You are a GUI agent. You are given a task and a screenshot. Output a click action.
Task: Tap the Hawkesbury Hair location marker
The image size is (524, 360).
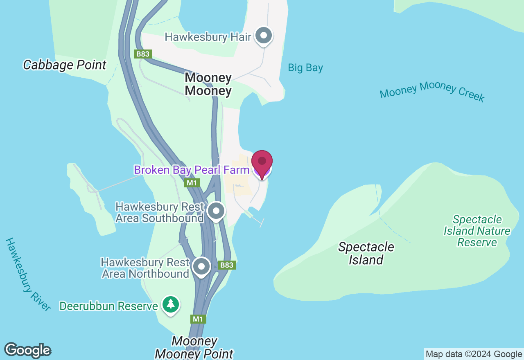[x=264, y=36]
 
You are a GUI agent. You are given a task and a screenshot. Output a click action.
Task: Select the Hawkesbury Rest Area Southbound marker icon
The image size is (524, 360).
[x=216, y=211]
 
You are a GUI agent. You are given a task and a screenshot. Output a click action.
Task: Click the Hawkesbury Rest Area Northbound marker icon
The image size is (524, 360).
[x=201, y=267]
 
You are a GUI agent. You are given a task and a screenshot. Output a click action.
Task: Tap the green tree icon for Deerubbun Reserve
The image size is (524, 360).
[x=171, y=305]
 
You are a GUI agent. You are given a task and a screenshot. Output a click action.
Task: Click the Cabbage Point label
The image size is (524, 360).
[x=65, y=65]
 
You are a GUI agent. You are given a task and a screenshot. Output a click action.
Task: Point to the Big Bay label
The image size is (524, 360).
[x=305, y=67]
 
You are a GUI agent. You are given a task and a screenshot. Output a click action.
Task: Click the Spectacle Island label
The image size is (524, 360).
[x=366, y=253]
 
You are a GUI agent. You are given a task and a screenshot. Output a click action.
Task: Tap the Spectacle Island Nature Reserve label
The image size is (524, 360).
[x=477, y=231]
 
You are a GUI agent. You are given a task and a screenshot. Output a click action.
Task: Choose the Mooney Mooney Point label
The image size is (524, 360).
[x=194, y=347]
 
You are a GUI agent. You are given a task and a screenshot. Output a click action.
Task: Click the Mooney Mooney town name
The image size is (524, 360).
[x=208, y=84]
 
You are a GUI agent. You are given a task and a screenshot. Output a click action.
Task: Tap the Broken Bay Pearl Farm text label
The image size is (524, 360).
[x=191, y=170]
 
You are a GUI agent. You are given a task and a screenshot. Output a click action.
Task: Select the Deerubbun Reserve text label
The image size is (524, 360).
[x=108, y=306]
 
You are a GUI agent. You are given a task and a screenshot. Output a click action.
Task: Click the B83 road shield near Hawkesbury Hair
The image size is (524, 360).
[x=143, y=54]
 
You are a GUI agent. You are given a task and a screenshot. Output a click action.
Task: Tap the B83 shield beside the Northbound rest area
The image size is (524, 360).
[x=226, y=265]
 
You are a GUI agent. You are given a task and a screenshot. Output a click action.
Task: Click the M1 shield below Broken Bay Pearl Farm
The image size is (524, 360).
[x=192, y=183]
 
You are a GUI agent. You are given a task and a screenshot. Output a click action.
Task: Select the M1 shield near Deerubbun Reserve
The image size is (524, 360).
[x=198, y=319]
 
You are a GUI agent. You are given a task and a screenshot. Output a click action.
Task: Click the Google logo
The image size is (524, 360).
[x=27, y=350]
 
